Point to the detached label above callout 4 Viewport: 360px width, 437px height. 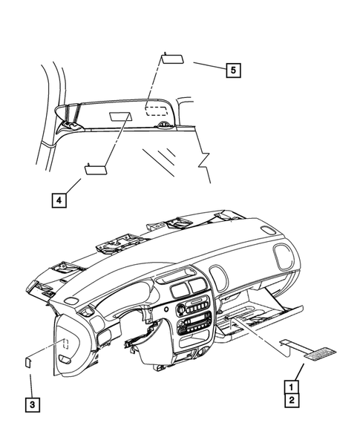point(96,168)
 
